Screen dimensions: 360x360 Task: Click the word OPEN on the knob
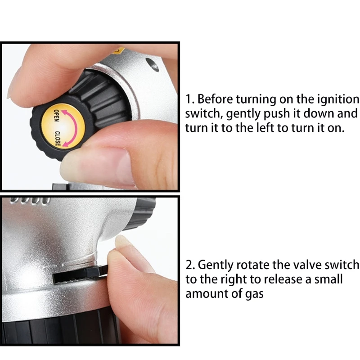(57, 116)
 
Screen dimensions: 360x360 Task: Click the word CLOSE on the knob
(58, 139)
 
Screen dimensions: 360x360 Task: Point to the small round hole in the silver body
(152, 64)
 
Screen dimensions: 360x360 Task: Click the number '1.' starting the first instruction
(190, 99)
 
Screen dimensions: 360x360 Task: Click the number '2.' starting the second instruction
(190, 265)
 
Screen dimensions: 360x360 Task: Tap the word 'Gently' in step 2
(216, 265)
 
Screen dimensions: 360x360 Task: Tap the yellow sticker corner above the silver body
(119, 50)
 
